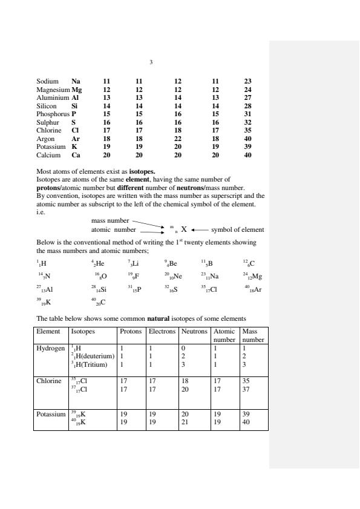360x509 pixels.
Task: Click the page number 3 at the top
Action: point(151,61)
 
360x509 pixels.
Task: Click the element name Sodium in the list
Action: point(47,81)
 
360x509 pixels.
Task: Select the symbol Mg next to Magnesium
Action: point(77,89)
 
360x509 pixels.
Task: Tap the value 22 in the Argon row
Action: point(178,140)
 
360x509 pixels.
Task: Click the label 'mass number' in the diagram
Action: point(110,222)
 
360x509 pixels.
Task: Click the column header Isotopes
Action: point(83,332)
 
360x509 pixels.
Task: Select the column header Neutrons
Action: point(194,332)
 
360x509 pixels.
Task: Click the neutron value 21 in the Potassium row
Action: point(185,422)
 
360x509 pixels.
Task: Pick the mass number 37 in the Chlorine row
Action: point(246,389)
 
